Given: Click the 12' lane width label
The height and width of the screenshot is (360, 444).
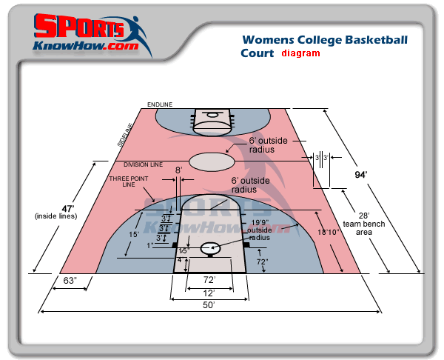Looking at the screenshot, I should [x=209, y=293].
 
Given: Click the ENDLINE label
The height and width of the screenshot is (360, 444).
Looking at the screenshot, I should [x=159, y=104].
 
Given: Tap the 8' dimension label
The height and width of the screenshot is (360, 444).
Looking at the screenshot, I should [x=178, y=170].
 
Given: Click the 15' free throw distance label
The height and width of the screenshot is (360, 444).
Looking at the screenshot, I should [x=134, y=234].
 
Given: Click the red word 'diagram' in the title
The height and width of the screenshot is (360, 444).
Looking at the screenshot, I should [x=300, y=53].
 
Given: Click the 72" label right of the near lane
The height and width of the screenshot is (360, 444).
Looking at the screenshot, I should [x=262, y=261].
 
